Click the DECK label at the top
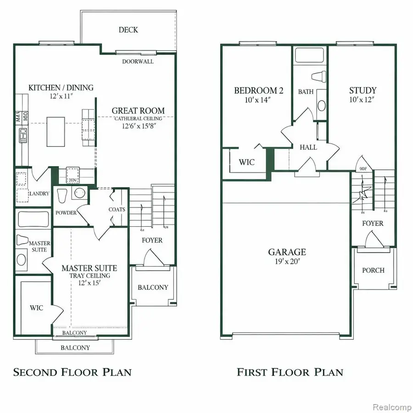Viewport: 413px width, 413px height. tap(128, 30)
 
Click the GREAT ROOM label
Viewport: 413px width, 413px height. tap(138, 111)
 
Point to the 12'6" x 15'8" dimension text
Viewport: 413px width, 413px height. tap(138, 126)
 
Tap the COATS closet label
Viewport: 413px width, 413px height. tap(117, 210)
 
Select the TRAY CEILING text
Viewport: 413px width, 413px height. tap(89, 276)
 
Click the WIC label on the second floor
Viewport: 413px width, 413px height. tap(37, 308)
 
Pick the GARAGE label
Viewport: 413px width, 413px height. tap(287, 252)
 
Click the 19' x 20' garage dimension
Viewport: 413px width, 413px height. tap(287, 262)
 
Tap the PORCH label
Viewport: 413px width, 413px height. tap(373, 270)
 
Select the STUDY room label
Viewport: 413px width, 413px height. tap(363, 90)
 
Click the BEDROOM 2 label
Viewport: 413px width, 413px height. tap(258, 90)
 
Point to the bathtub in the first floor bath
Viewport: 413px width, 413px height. tap(310, 56)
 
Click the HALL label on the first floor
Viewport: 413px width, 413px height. tap(308, 148)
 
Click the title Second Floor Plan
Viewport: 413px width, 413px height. tap(72, 372)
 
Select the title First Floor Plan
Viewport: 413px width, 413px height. tap(290, 372)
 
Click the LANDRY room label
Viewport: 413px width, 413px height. tap(39, 194)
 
